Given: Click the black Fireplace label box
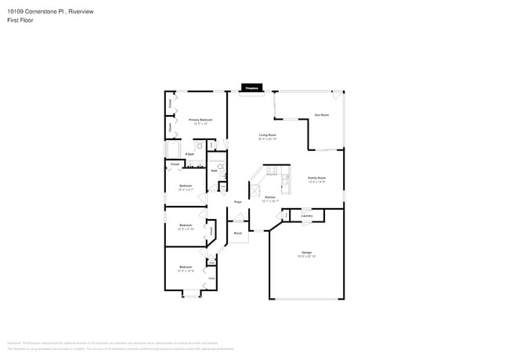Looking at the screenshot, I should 251,89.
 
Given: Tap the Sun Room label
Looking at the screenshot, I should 321,115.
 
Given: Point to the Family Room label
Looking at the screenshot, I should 316,178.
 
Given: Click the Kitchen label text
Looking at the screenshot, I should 269,196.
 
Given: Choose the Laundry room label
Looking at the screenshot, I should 307,216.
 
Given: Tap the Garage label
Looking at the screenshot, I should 306,252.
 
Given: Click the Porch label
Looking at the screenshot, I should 238,232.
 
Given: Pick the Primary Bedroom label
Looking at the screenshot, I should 200,120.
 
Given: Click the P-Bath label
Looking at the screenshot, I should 190,153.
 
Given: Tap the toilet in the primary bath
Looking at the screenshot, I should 200,146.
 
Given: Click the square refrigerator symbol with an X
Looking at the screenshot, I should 255,189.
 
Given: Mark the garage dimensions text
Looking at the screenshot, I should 306,256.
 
